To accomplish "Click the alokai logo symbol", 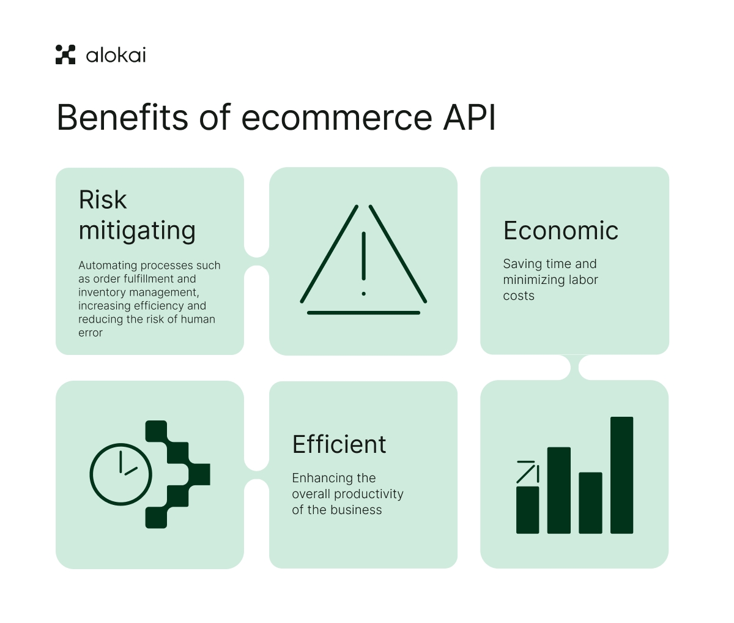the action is pos(65,54).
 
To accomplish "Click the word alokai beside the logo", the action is pos(116,56).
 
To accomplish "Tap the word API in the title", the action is pos(469,118).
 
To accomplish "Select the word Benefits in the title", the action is pos(122,117).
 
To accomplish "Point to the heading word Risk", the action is pos(103,200).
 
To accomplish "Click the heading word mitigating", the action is pos(137,231).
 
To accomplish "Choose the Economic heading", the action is pos(561,231).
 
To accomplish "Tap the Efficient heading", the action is pos(339,444).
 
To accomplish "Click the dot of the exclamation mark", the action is pos(363,294).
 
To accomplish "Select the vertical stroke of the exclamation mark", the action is pos(363,256).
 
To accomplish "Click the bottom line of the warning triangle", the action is pos(363,313).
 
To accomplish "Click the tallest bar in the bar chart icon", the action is pos(622,475).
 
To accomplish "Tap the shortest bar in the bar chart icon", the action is pos(528,510).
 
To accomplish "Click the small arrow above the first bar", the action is pos(528,472).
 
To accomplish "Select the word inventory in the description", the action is pos(102,293).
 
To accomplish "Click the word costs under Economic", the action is pos(519,296).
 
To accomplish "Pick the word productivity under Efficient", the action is pos(369,494).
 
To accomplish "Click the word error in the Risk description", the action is pos(91,333).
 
